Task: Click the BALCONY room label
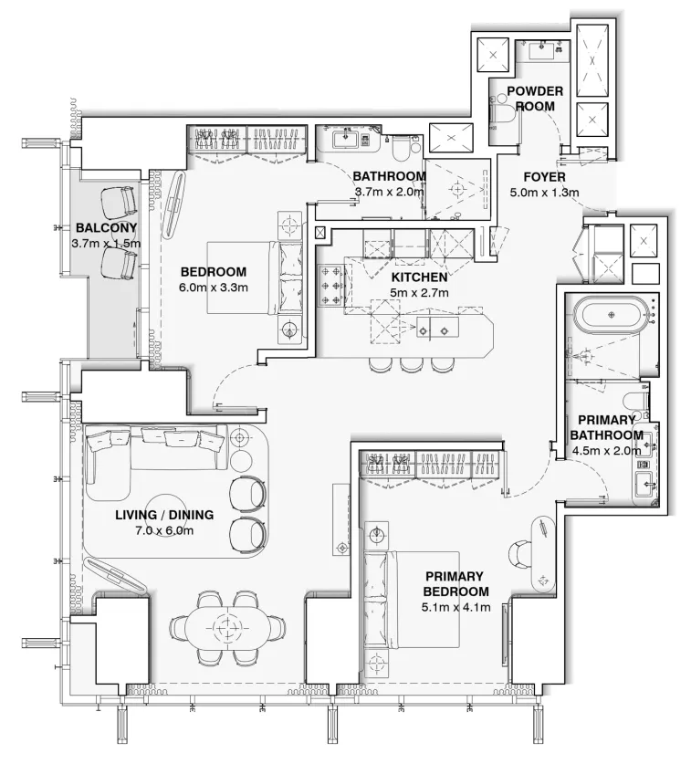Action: pyautogui.click(x=107, y=228)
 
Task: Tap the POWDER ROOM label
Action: pyautogui.click(x=535, y=99)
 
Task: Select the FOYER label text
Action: pyautogui.click(x=545, y=177)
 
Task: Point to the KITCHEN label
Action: pyautogui.click(x=419, y=277)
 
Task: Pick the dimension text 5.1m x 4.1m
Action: pyautogui.click(x=456, y=607)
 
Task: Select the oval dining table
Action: pyautogui.click(x=224, y=628)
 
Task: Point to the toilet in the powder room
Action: pyautogui.click(x=504, y=115)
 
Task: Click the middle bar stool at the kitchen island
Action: pyautogui.click(x=409, y=363)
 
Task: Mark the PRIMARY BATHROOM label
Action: pyautogui.click(x=607, y=428)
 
